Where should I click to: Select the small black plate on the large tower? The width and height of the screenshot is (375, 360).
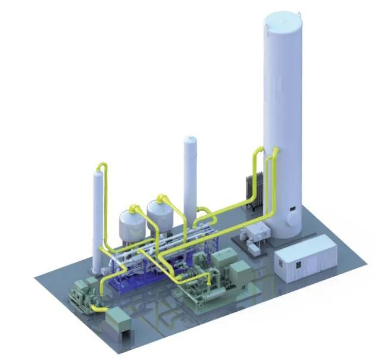293,209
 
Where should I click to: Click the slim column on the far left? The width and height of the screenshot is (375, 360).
98,214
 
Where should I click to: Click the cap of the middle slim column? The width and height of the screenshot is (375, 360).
190,140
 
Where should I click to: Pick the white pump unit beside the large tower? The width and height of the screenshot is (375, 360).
258,234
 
